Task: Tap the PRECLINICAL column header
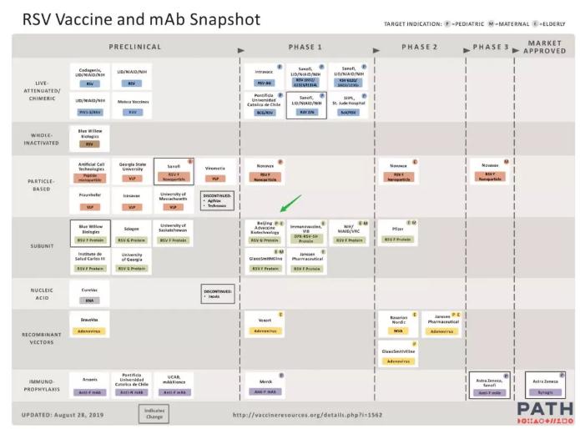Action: tap(135, 47)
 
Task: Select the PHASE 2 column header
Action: tap(419, 47)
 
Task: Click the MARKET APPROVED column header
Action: tap(544, 47)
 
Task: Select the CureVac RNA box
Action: tap(89, 295)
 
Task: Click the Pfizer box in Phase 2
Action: tap(398, 234)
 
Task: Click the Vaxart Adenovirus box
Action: tap(265, 324)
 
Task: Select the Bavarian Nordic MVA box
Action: tap(398, 324)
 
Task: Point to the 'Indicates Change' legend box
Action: tap(154, 412)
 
